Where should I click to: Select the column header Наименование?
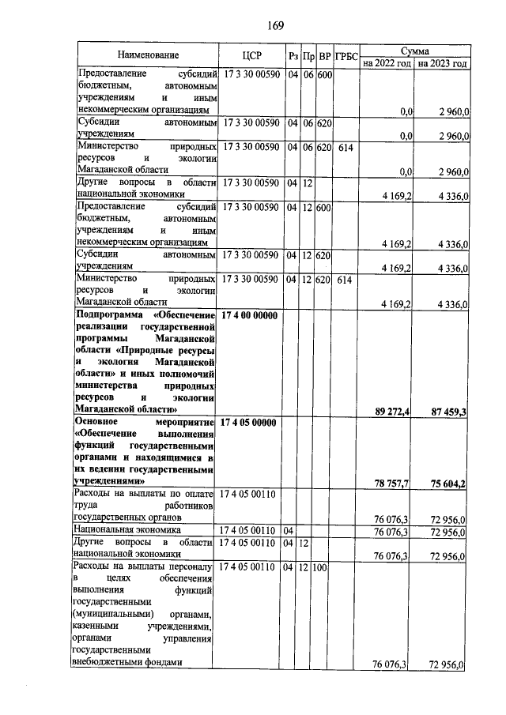(x=149, y=55)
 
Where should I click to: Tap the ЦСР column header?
(x=253, y=55)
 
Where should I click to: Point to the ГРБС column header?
(x=346, y=55)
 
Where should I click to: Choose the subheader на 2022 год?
(x=387, y=62)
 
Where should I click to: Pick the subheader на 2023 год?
(x=443, y=62)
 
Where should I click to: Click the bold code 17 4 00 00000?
(x=250, y=316)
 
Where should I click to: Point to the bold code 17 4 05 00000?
(x=250, y=423)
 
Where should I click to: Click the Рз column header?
(x=293, y=55)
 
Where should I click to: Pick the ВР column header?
(x=323, y=55)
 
